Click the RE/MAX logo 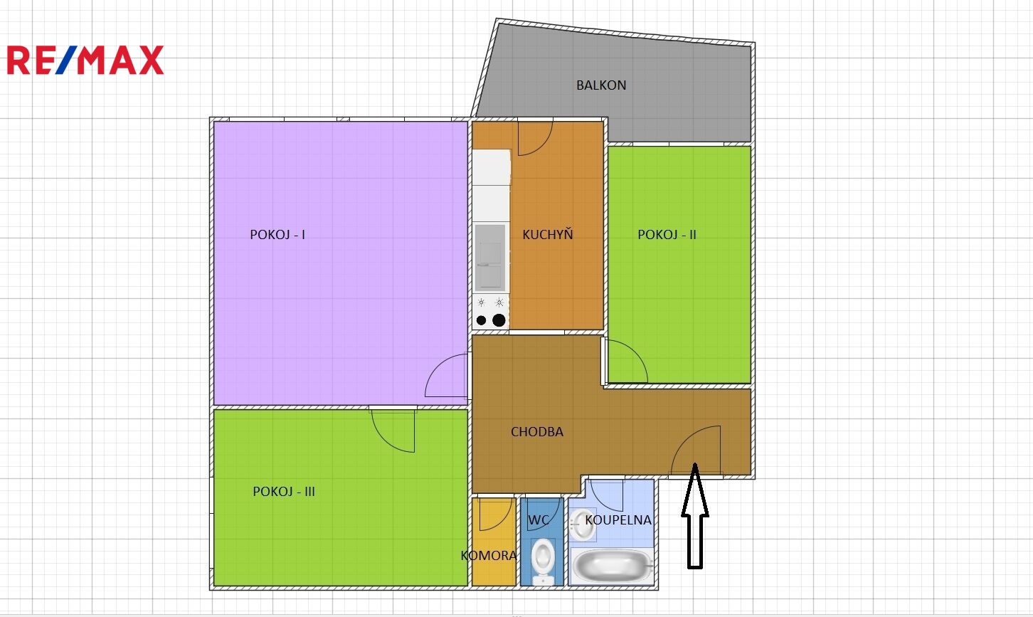point(85,60)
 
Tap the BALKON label point(601,85)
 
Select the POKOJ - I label point(277,235)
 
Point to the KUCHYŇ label point(547,234)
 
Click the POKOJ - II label point(667,235)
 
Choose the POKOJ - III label point(284,492)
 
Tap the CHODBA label point(537,432)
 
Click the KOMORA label point(488,556)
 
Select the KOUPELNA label point(618,520)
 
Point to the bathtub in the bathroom point(613,565)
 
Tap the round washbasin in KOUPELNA point(583,524)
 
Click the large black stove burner point(499,320)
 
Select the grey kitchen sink point(489,258)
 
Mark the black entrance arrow point(694,516)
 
